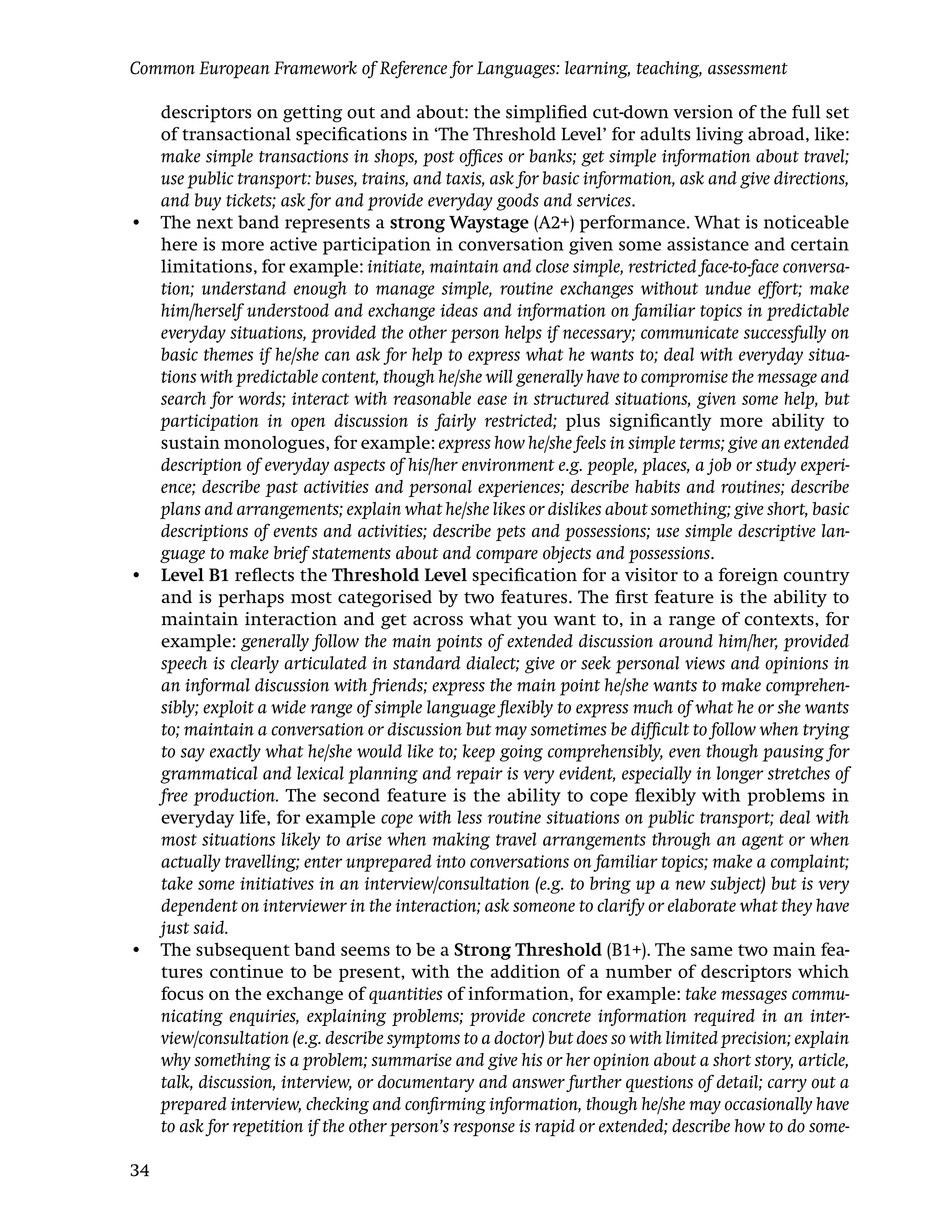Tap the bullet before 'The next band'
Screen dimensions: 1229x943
click(135, 224)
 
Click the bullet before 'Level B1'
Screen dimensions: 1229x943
click(135, 577)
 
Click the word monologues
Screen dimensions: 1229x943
click(276, 444)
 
